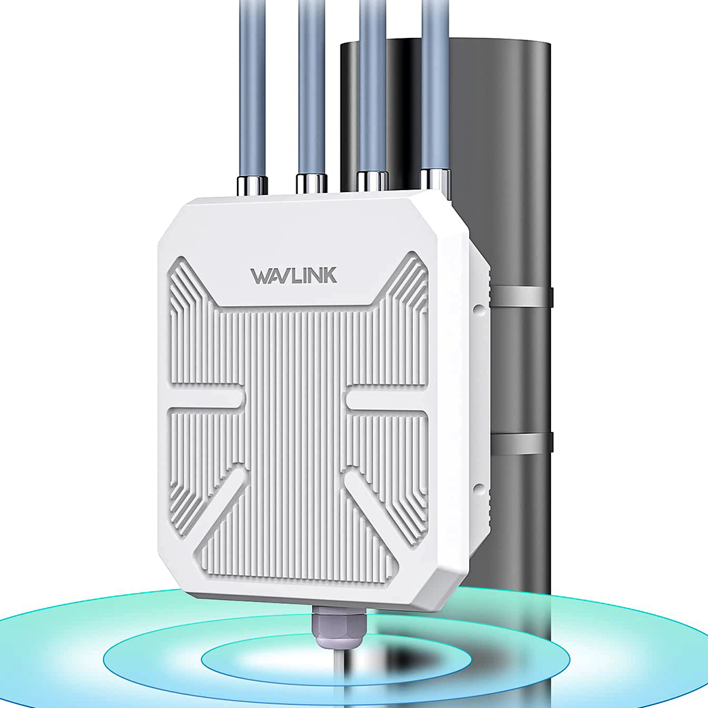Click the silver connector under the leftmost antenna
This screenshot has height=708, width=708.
252,183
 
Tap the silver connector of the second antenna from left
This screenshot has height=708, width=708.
311,183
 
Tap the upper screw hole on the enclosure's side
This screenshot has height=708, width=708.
479,309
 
